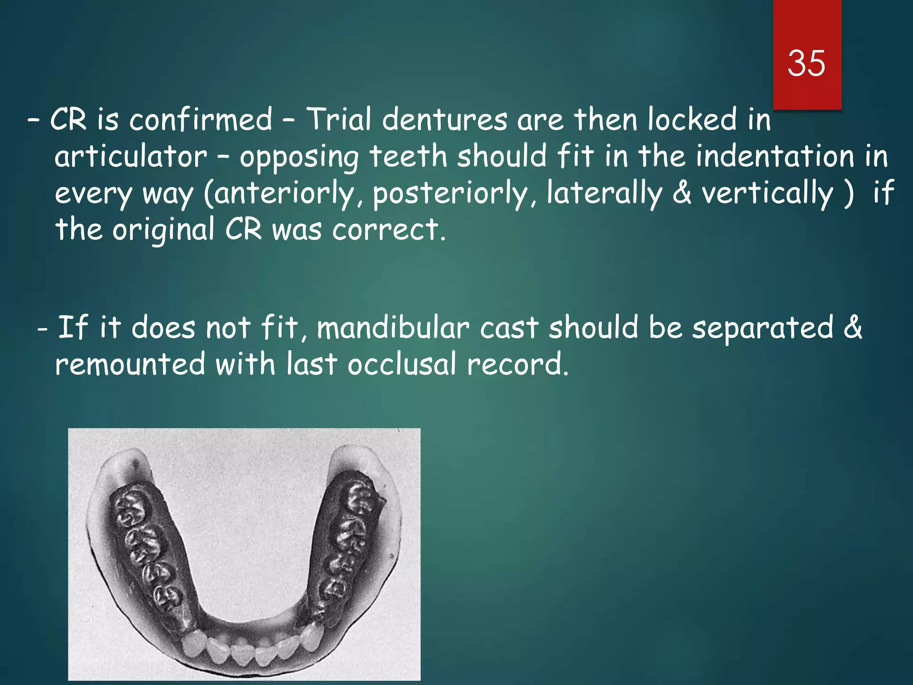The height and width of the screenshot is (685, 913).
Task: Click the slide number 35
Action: (806, 64)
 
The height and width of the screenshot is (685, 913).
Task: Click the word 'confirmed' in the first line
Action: (201, 120)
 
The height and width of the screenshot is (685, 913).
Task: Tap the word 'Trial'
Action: (339, 120)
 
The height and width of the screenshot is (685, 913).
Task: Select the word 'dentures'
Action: (444, 120)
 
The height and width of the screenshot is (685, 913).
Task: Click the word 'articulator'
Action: (131, 157)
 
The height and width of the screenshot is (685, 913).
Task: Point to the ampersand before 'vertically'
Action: (682, 193)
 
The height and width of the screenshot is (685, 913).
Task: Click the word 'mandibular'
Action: (393, 328)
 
